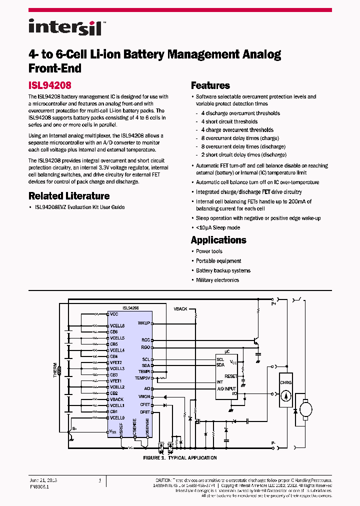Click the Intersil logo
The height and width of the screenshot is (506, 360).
(65, 27)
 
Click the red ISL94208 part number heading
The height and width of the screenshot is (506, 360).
(49, 85)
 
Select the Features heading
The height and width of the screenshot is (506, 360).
(210, 85)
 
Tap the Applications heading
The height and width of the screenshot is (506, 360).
(218, 240)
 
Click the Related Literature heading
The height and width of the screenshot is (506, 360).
(69, 196)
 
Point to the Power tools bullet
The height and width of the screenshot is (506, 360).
(209, 251)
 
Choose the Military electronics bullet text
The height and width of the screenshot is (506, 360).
(217, 280)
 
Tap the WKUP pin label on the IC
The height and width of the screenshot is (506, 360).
(144, 322)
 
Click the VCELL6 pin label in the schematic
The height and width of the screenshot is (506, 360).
(117, 326)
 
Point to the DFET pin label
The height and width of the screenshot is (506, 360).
(145, 412)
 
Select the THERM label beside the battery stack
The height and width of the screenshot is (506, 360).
(55, 370)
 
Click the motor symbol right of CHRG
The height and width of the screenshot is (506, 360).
(305, 410)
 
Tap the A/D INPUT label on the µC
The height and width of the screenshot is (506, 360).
(226, 388)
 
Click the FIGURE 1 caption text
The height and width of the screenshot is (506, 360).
(180, 457)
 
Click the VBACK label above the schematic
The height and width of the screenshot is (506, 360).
(180, 309)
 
